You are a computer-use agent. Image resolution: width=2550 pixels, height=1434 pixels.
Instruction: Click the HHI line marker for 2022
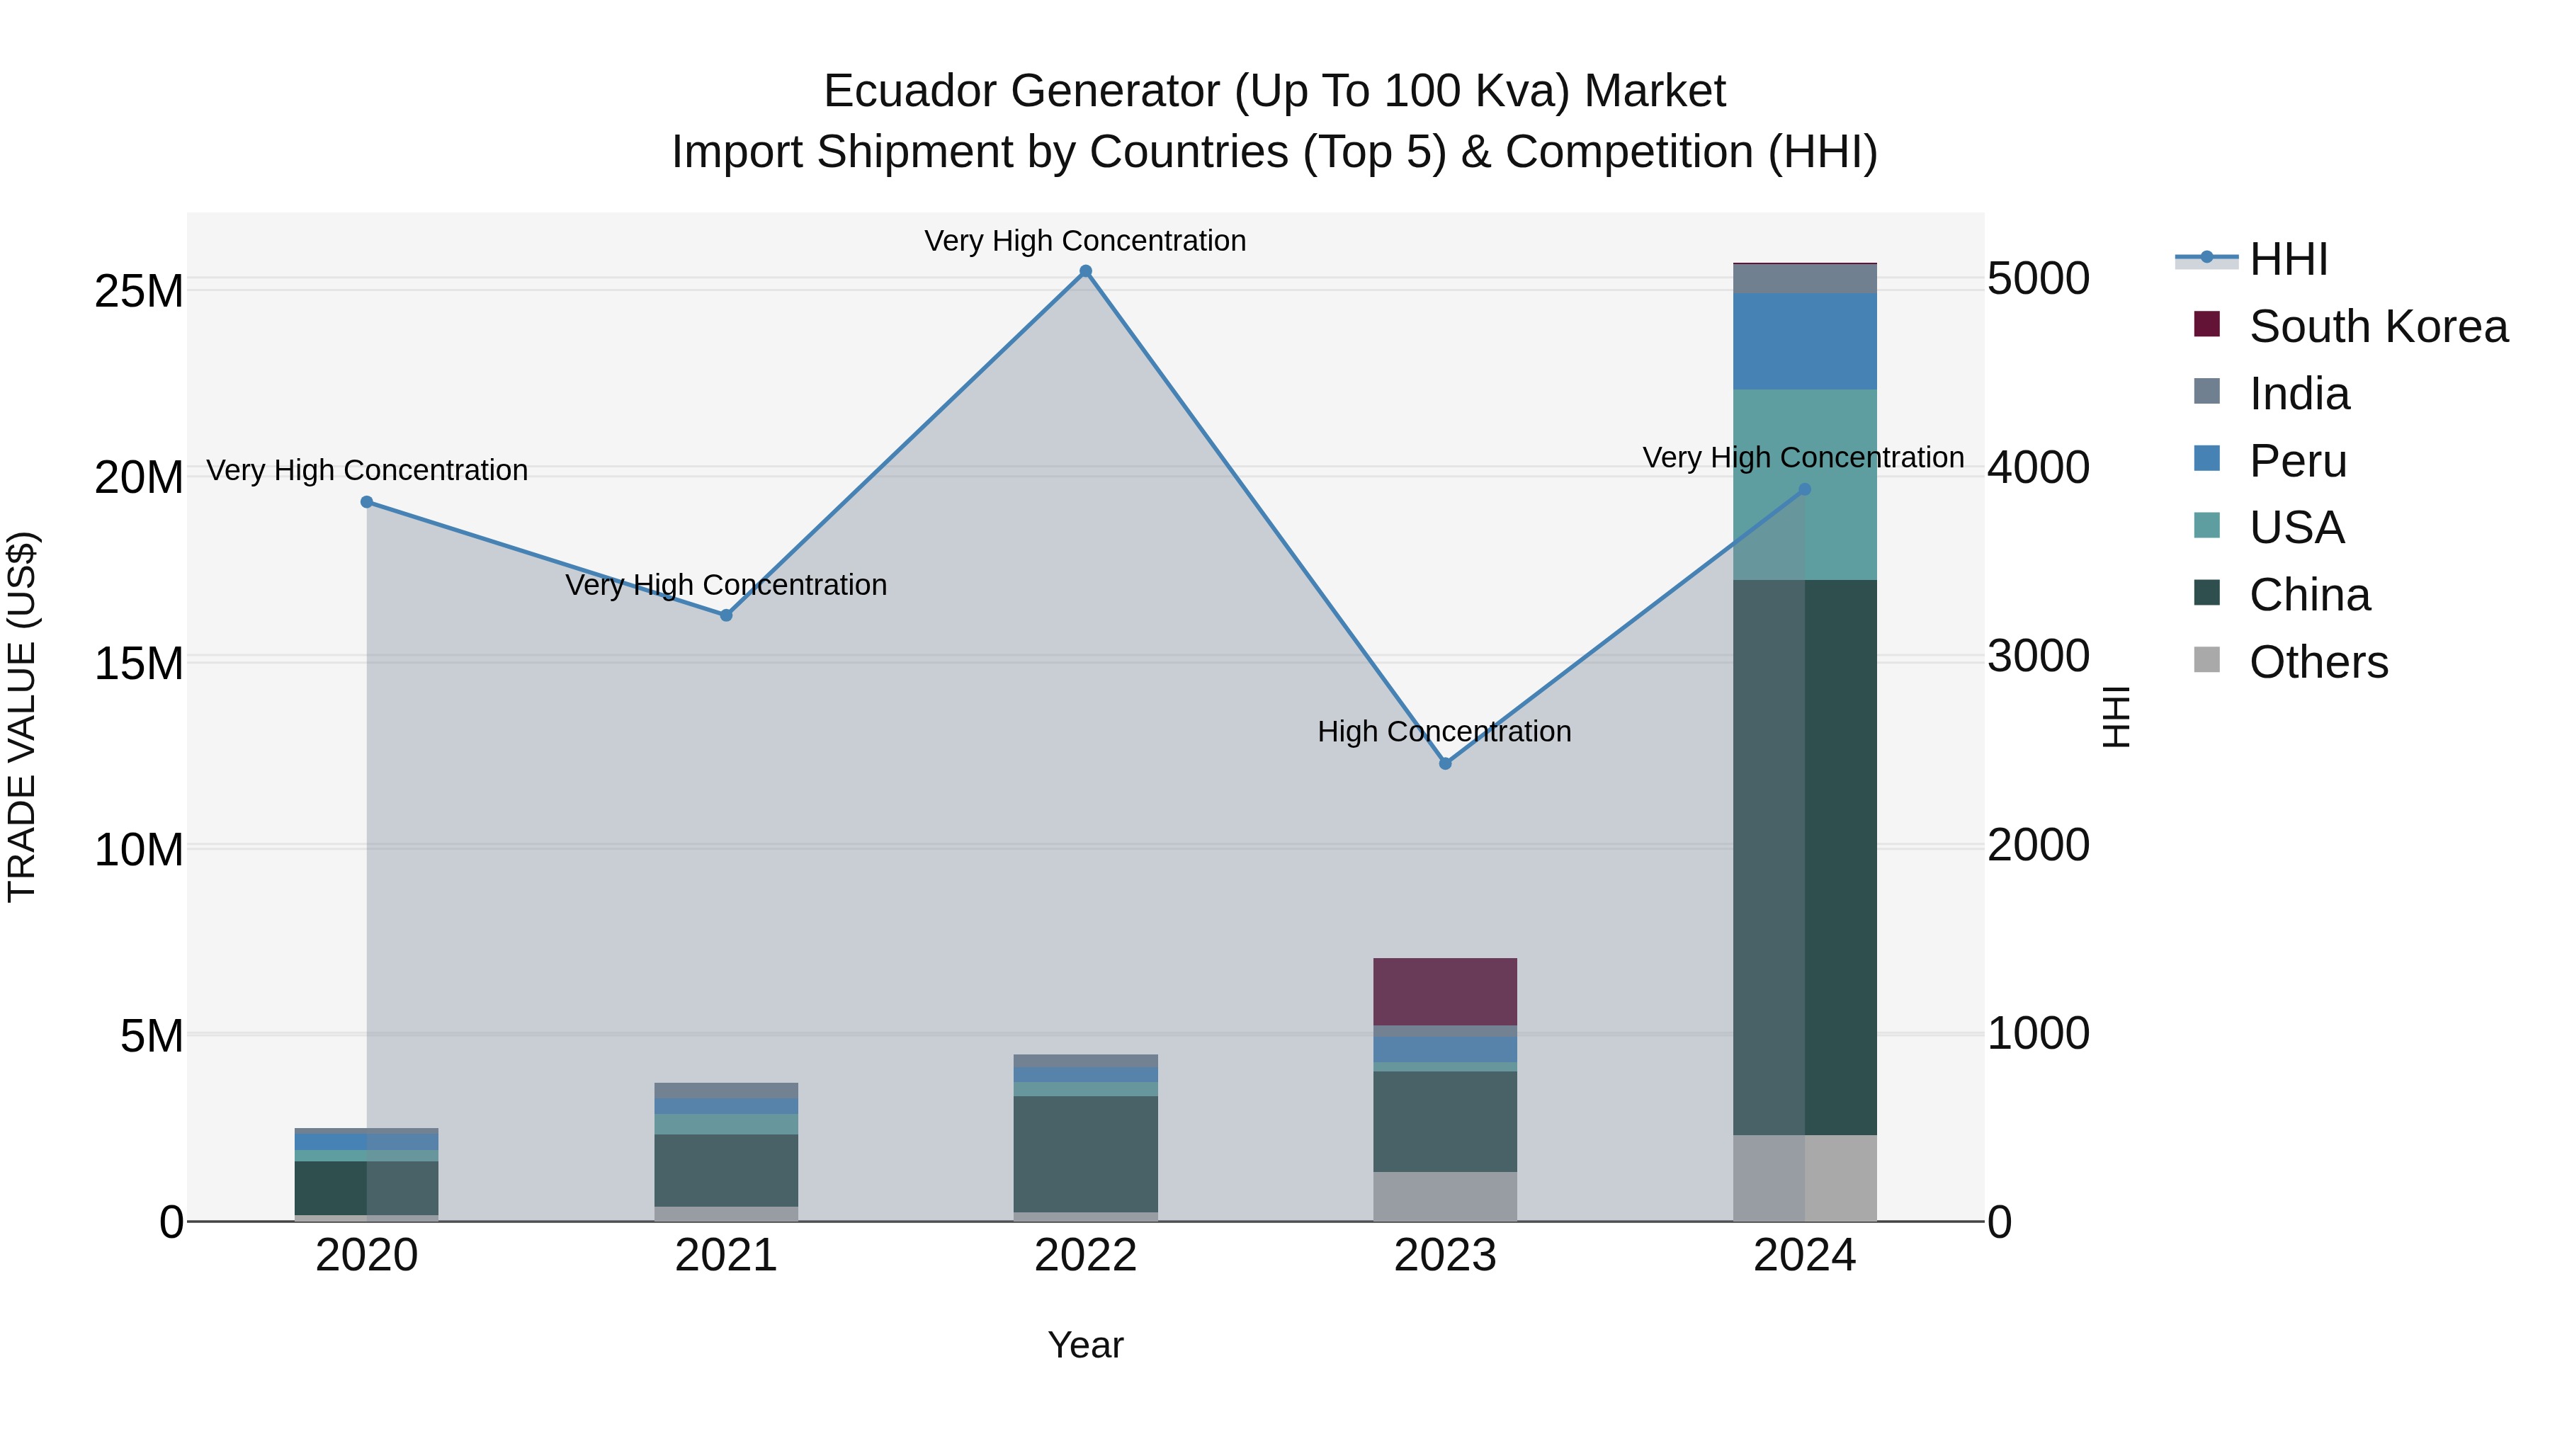click(x=1085, y=271)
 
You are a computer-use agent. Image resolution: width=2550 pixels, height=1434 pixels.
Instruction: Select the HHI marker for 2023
click(x=1444, y=763)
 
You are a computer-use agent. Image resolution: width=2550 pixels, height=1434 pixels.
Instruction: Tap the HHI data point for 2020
click(x=366, y=502)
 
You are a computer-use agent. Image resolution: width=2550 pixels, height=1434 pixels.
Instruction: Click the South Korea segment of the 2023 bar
click(x=1444, y=991)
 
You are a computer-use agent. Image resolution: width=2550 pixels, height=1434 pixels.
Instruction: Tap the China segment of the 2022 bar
click(x=1085, y=1153)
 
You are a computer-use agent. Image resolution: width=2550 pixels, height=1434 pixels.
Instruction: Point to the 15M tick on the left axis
click(x=139, y=663)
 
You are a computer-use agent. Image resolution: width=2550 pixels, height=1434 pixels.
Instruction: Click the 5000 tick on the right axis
click(x=2038, y=279)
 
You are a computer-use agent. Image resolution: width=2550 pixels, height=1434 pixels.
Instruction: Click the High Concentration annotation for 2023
click(x=1444, y=732)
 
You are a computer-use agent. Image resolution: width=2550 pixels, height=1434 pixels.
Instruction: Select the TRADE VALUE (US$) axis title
click(x=22, y=717)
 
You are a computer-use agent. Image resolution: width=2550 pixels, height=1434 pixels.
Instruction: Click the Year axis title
click(x=1085, y=1345)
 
